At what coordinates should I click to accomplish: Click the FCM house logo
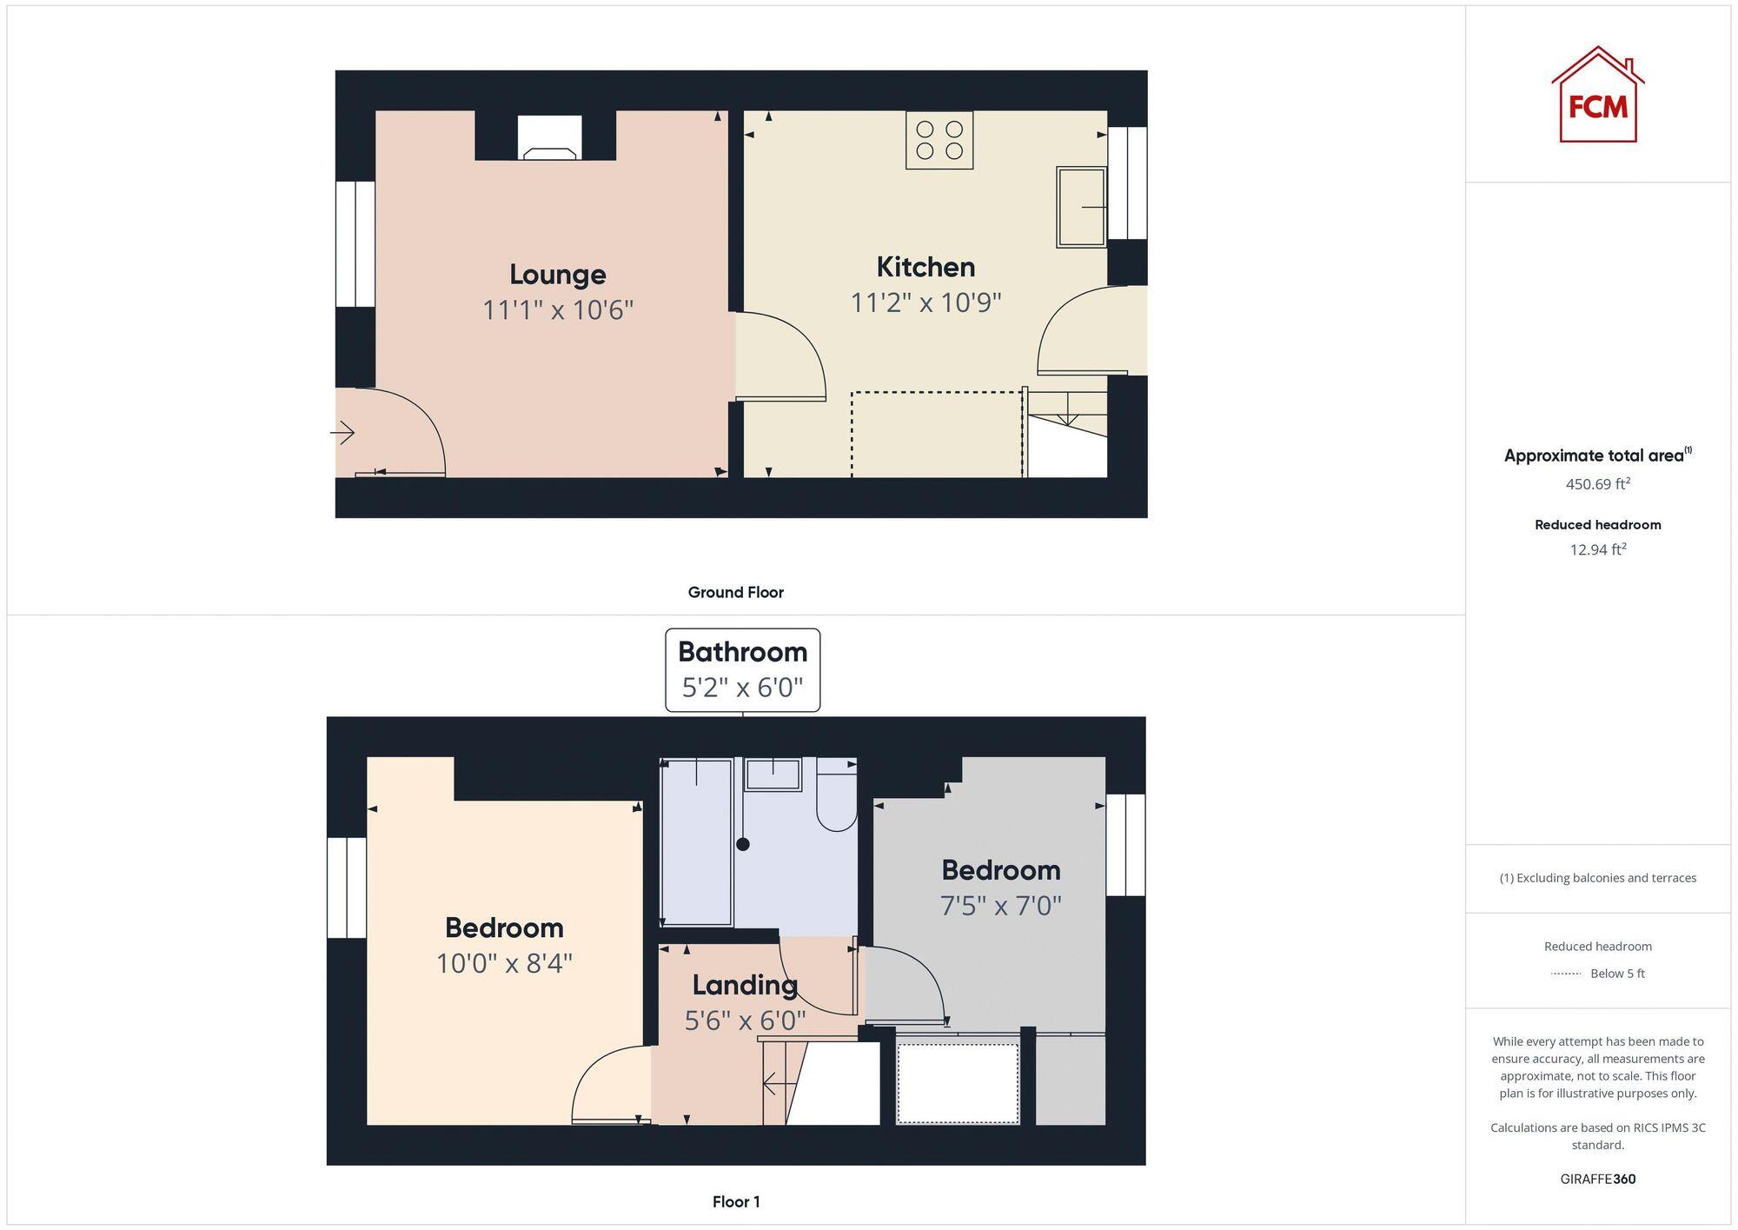pos(1597,95)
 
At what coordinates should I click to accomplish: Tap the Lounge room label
pos(557,275)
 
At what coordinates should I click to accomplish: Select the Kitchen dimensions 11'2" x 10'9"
pos(925,303)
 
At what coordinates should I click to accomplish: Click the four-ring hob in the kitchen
pos(939,140)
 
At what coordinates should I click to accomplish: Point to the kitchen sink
pos(1081,207)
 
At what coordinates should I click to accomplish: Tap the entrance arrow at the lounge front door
pos(343,432)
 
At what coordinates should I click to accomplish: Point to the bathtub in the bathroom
pos(696,841)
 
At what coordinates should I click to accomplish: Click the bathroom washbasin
pos(773,774)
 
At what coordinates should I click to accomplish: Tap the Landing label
pos(745,985)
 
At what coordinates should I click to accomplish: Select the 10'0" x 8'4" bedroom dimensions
pos(504,963)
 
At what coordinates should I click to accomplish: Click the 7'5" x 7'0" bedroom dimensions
pos(1000,906)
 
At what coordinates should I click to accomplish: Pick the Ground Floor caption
pos(735,593)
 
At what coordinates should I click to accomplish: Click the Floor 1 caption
pos(735,1202)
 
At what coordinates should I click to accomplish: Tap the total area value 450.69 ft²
pos(1597,484)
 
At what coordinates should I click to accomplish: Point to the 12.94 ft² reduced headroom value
pos(1597,549)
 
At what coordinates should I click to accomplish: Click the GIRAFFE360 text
pos(1597,1180)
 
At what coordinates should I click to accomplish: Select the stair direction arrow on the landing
pos(777,1084)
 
